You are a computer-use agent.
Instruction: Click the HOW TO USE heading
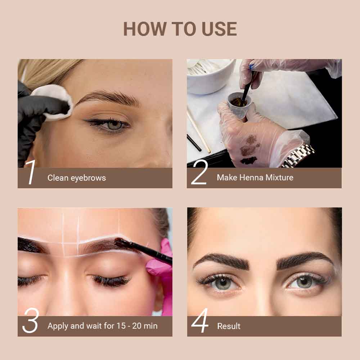point(180,29)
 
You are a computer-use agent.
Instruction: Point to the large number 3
point(30,323)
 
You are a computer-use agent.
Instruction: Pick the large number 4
point(200,323)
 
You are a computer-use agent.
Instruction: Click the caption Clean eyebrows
point(77,178)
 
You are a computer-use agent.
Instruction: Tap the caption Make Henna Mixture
point(255,177)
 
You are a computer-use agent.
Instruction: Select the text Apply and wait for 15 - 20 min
point(103,326)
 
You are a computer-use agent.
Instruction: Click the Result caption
point(229,326)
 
